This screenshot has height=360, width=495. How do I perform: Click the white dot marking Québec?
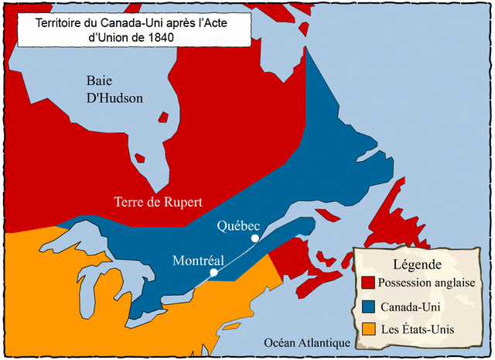point(254,239)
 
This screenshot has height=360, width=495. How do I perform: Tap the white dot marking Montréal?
point(213,273)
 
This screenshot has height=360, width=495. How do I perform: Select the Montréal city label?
point(198,260)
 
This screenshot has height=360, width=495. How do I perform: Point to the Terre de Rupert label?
point(159,203)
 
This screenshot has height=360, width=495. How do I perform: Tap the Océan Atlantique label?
point(307,343)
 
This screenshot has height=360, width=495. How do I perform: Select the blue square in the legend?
point(368,307)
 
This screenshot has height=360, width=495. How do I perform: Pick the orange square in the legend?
point(368,330)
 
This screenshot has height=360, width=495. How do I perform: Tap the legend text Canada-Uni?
point(411,307)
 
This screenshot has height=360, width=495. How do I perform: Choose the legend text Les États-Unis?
point(418,330)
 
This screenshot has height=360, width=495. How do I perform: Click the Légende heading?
point(418,264)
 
